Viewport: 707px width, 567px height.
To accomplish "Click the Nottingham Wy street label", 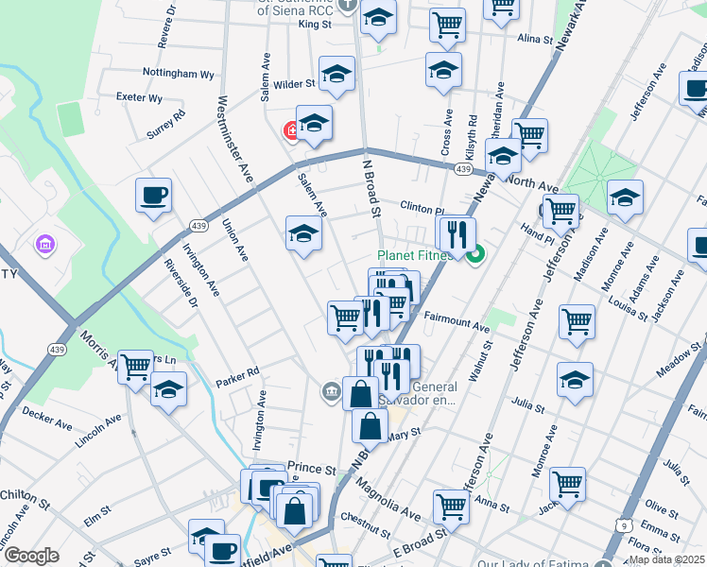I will click(x=178, y=74).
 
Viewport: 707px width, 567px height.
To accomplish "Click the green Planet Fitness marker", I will click(x=477, y=252).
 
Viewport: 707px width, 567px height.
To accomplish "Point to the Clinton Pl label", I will click(x=422, y=207).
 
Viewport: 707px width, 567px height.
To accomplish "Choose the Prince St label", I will click(x=312, y=469).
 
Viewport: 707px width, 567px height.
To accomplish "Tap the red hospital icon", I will click(x=292, y=131).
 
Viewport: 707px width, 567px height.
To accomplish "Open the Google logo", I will click(x=31, y=556).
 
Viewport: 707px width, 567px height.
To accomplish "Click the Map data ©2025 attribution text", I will click(x=666, y=559).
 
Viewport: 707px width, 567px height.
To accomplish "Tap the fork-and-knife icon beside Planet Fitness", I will click(x=457, y=235).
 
